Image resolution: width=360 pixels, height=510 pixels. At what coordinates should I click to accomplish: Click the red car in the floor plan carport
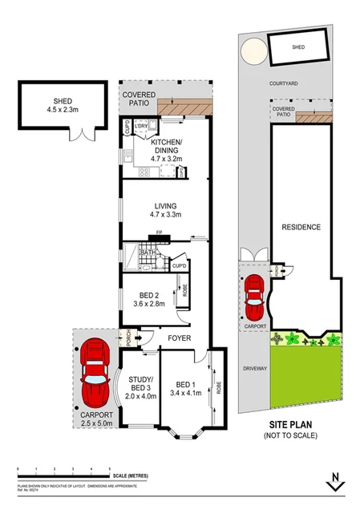click(95, 372)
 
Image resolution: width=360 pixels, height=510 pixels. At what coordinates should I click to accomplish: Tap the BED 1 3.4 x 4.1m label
click(188, 388)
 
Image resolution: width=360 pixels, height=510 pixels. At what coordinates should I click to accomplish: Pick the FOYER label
click(178, 338)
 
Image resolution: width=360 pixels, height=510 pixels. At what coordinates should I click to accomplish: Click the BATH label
click(148, 253)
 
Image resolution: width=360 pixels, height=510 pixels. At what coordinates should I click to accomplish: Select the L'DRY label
click(142, 127)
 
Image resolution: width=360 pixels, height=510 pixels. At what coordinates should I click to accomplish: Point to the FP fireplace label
click(159, 233)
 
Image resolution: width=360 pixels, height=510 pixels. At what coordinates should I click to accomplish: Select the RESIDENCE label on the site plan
click(301, 227)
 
